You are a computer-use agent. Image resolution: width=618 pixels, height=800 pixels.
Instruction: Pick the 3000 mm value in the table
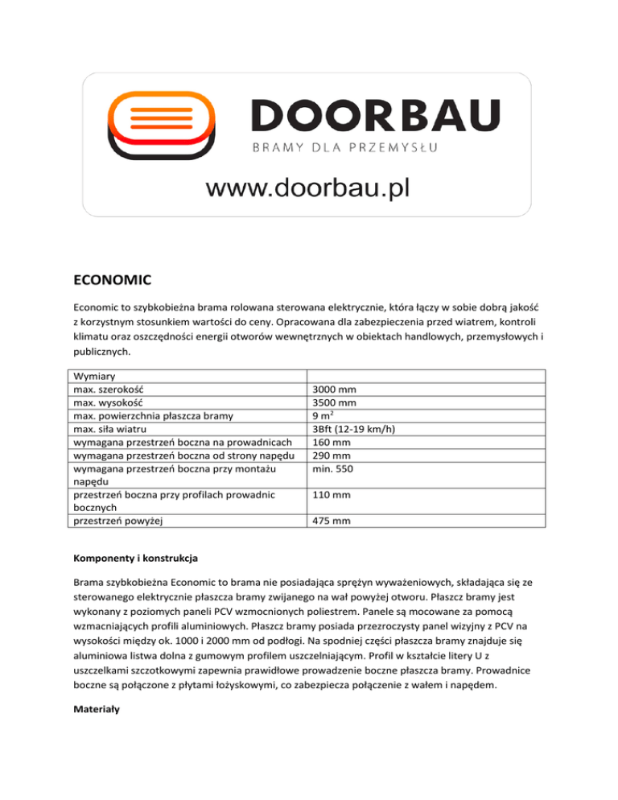pos(336,390)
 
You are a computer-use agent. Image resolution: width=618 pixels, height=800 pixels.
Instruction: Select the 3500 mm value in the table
pos(336,402)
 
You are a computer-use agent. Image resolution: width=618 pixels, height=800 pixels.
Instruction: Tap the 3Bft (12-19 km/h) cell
pos(359,429)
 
